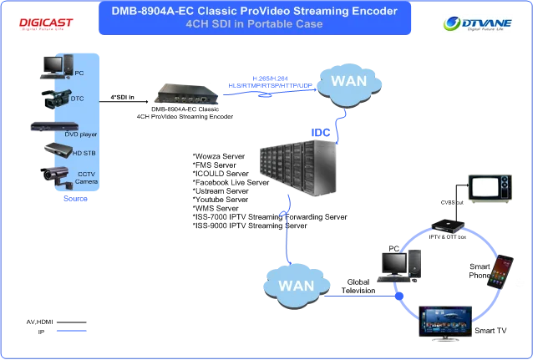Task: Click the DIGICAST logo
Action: point(43,23)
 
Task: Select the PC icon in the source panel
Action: point(53,63)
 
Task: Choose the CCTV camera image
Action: point(54,175)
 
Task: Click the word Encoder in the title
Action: point(368,11)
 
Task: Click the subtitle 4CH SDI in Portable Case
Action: point(254,23)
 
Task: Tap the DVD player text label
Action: point(82,134)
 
